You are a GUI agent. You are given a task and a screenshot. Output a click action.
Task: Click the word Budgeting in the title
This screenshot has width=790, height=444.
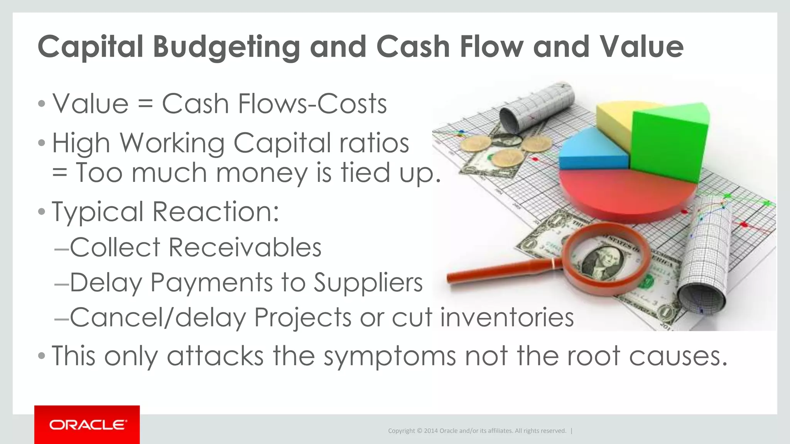[226, 47]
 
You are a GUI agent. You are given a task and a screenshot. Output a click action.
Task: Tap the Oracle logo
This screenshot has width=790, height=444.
[87, 425]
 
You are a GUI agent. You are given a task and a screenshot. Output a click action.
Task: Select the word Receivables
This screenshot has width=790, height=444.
[245, 247]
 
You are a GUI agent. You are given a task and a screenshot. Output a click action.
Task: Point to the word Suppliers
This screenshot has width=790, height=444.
[368, 283]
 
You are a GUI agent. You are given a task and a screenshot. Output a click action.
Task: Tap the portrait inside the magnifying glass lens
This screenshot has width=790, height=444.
[602, 262]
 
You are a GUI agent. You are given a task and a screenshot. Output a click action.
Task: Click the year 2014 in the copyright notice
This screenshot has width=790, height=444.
[430, 431]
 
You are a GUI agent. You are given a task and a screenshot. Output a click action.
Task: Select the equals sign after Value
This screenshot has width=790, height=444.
[145, 104]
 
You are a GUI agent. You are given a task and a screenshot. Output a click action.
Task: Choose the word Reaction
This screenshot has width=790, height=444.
[216, 212]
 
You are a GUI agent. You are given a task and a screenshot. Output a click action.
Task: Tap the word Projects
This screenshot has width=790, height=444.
[303, 318]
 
